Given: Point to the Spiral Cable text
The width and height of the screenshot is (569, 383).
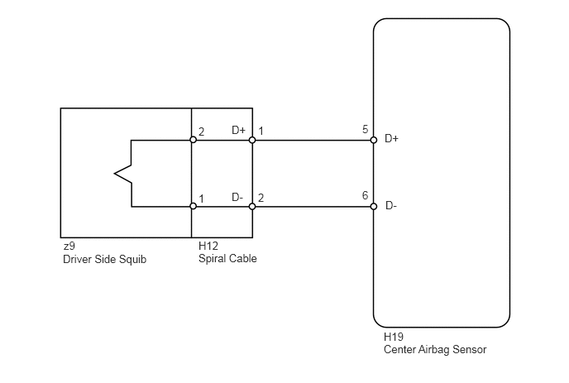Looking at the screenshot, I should [x=227, y=259].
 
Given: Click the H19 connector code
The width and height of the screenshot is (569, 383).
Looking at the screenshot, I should [x=393, y=338].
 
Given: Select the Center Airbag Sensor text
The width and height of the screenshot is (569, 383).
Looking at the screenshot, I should [x=435, y=350].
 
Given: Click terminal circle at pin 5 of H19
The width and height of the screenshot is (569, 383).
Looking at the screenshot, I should [x=374, y=140].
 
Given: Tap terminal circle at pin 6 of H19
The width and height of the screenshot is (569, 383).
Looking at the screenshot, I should [x=374, y=206].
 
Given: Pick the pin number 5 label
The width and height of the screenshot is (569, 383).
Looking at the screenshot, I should [x=365, y=130].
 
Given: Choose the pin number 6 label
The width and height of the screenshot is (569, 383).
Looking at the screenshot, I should [x=365, y=196].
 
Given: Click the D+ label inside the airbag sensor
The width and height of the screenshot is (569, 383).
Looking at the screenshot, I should [x=392, y=139].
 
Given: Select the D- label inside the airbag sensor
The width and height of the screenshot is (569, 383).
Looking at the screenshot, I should [x=391, y=206].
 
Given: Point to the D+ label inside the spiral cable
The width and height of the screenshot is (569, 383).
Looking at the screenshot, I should [x=238, y=131].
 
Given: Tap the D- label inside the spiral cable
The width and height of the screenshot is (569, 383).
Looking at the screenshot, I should [x=237, y=198].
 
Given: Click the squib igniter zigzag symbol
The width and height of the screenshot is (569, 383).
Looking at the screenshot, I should [x=124, y=173].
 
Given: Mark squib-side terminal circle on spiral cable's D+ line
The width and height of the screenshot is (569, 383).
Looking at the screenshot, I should [x=193, y=140].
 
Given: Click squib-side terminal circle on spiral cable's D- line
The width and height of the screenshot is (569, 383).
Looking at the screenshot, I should [x=193, y=206].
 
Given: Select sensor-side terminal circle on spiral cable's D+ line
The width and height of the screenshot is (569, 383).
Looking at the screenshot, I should [x=252, y=140].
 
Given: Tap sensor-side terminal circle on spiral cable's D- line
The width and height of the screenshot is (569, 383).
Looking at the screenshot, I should [x=252, y=206].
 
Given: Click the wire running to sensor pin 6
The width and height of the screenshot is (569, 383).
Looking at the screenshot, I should [x=314, y=206].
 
